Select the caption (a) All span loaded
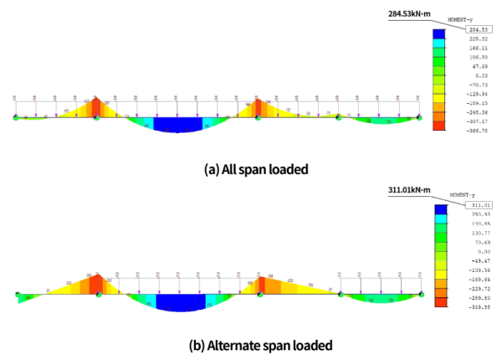[x=251, y=168]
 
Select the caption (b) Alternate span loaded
[x=251, y=345]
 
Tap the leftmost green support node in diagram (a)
[x=16, y=118]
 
